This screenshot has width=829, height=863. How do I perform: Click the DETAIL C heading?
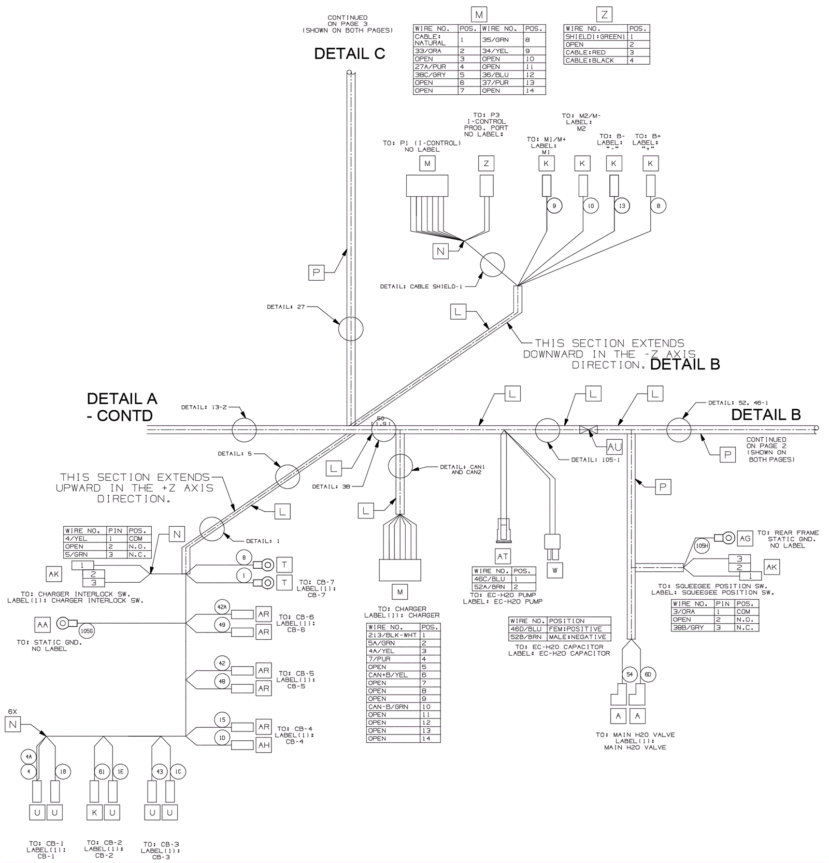pyautogui.click(x=349, y=54)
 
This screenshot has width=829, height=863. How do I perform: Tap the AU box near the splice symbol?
pyautogui.click(x=614, y=447)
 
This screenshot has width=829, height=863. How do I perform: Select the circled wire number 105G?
pyautogui.click(x=87, y=631)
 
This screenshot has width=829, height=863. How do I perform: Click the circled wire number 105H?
pyautogui.click(x=702, y=546)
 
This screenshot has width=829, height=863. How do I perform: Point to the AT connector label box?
pyautogui.click(x=503, y=556)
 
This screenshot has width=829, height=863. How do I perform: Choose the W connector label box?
pyautogui.click(x=555, y=571)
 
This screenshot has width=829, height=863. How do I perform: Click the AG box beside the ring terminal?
pyautogui.click(x=745, y=539)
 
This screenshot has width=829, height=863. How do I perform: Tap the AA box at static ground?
pyautogui.click(x=42, y=625)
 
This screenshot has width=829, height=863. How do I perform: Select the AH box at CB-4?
pyautogui.click(x=264, y=745)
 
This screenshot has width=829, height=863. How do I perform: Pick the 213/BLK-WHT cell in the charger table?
pyautogui.click(x=392, y=635)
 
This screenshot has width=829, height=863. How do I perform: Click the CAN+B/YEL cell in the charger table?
pyautogui.click(x=388, y=675)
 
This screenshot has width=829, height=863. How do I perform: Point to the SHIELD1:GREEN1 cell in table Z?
pyautogui.click(x=595, y=37)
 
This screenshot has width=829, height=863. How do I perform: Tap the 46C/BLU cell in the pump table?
pyautogui.click(x=490, y=579)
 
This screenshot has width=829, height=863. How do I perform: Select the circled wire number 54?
pyautogui.click(x=630, y=674)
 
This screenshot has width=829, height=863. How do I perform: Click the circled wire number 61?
pyautogui.click(x=102, y=772)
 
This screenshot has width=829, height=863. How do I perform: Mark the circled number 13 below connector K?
pyautogui.click(x=622, y=206)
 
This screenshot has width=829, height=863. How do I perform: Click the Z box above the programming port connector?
pyautogui.click(x=486, y=164)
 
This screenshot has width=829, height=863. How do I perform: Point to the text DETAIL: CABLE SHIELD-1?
pyautogui.click(x=421, y=286)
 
